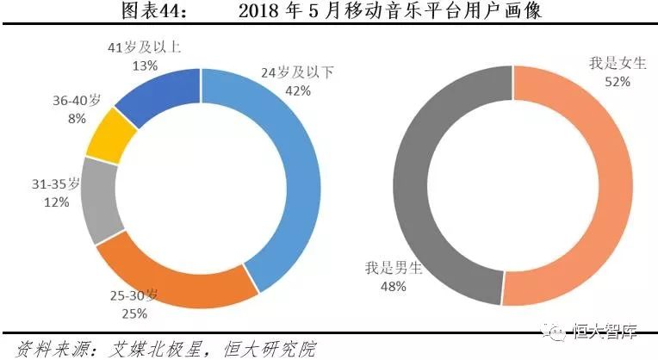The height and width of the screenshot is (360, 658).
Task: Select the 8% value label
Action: [x=75, y=118]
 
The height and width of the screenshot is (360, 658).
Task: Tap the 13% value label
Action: [x=145, y=65]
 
